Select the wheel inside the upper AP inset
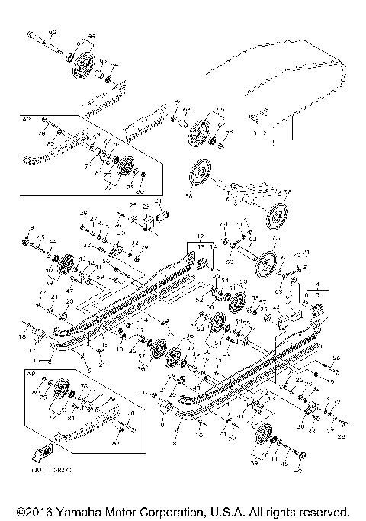(124, 166)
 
